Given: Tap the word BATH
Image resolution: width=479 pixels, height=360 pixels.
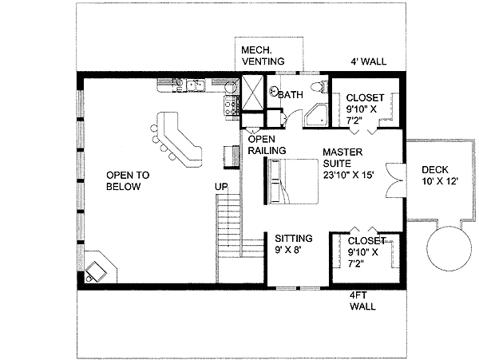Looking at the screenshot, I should point(291,95).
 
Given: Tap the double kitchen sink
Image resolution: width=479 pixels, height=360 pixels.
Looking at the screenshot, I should point(196,82).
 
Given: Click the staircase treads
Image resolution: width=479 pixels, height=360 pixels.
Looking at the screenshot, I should point(229,227).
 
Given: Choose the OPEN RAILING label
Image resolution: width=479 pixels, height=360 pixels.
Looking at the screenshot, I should point(262,144).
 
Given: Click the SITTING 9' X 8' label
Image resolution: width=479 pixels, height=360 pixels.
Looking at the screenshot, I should point(294,244).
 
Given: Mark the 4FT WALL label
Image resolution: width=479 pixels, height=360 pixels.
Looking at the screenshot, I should point(362,300).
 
